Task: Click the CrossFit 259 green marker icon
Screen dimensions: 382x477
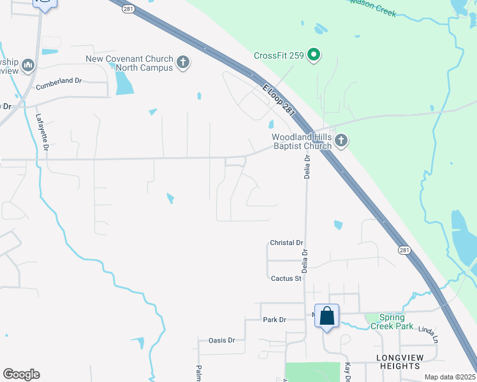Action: pos(313,55)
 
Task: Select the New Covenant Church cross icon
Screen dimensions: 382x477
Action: pos(183,62)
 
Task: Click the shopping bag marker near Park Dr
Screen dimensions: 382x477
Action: pos(327,316)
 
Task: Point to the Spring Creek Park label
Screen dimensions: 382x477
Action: pos(397,322)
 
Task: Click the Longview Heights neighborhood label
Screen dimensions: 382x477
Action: pos(400,362)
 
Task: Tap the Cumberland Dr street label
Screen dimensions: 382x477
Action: pos(59,81)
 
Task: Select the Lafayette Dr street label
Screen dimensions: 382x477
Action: pos(43,132)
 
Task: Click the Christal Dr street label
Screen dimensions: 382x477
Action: pos(286,243)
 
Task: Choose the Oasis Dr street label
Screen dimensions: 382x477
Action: pos(222,340)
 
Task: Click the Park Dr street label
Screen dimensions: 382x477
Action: pos(274,319)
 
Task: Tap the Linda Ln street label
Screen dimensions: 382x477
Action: pos(429,332)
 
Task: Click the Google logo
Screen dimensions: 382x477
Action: pos(21,374)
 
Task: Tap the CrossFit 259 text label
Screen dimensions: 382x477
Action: pos(278,55)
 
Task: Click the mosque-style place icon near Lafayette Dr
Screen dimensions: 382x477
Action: pos(27,65)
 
